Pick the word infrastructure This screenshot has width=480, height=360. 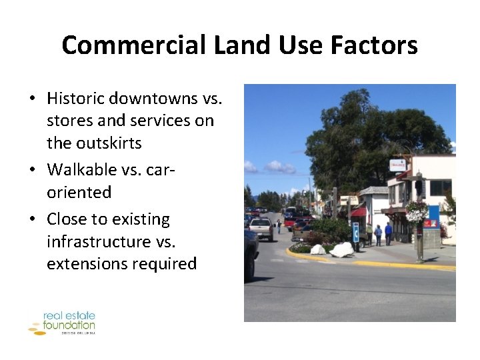[99, 241]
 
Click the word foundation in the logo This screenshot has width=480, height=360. [70, 325]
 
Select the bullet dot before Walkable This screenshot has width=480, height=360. [32, 171]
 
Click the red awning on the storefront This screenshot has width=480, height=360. [359, 213]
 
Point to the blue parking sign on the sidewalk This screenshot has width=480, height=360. [355, 232]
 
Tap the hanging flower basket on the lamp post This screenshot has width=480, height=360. [417, 212]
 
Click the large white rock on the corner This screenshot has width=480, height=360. [343, 249]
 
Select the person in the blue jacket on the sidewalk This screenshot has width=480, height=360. [388, 233]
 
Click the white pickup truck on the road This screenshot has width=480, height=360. [261, 228]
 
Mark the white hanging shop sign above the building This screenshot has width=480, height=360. [398, 165]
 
